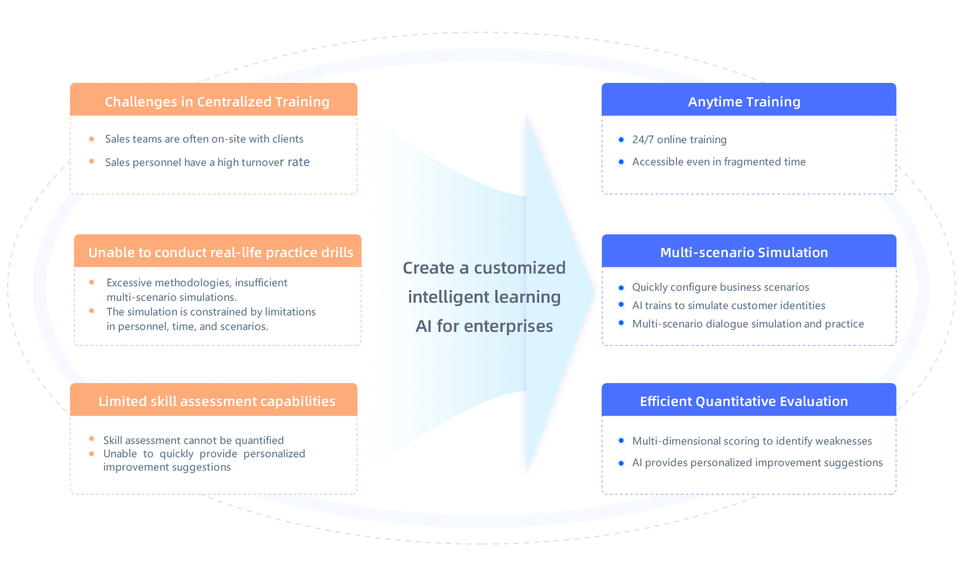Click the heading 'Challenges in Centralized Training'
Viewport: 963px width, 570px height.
217,101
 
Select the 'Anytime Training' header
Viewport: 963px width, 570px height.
744,101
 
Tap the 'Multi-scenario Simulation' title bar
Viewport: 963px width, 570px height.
744,252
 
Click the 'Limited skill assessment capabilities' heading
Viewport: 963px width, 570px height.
217,401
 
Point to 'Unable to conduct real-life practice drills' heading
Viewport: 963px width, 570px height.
220,252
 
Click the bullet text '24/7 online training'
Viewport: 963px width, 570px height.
679,139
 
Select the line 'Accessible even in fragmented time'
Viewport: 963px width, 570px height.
718,161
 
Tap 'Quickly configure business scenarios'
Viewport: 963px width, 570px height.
720,287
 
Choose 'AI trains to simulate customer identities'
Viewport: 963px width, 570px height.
729,305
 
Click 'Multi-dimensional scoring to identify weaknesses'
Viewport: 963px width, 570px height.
752,441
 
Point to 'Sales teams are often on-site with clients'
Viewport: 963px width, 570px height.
204,139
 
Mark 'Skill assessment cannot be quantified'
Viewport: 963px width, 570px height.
193,440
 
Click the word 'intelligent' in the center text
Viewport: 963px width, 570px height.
440,296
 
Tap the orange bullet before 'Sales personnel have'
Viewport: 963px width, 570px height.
92,161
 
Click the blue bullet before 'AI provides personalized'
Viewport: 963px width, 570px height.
621,462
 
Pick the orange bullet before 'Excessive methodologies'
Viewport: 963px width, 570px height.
92,282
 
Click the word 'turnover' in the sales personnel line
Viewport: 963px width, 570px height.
262,162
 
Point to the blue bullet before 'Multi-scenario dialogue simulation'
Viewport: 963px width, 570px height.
621,323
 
